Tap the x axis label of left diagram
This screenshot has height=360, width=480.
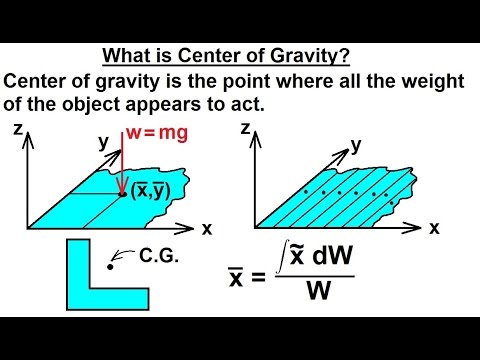pos(207,228)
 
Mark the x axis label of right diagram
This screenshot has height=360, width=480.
pos(435,228)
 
